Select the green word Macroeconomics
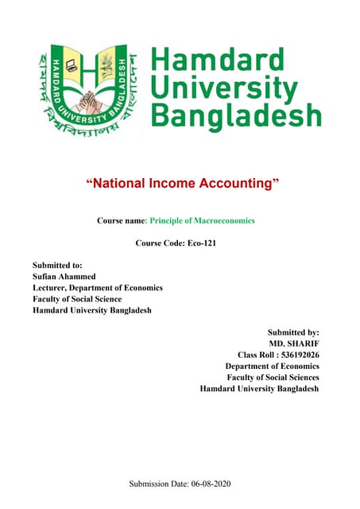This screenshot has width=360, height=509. click(x=219, y=220)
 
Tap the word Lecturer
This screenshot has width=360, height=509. click(x=51, y=287)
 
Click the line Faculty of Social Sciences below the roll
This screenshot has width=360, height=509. click(x=273, y=377)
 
